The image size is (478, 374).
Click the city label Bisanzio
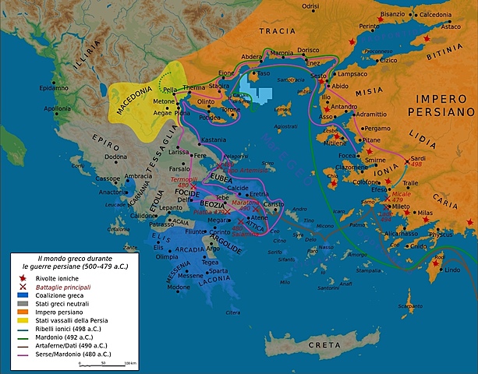[392, 15]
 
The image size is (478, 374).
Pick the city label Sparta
[219, 271]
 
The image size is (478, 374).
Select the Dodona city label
[94, 157]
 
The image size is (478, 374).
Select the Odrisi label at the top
[310, 6]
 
